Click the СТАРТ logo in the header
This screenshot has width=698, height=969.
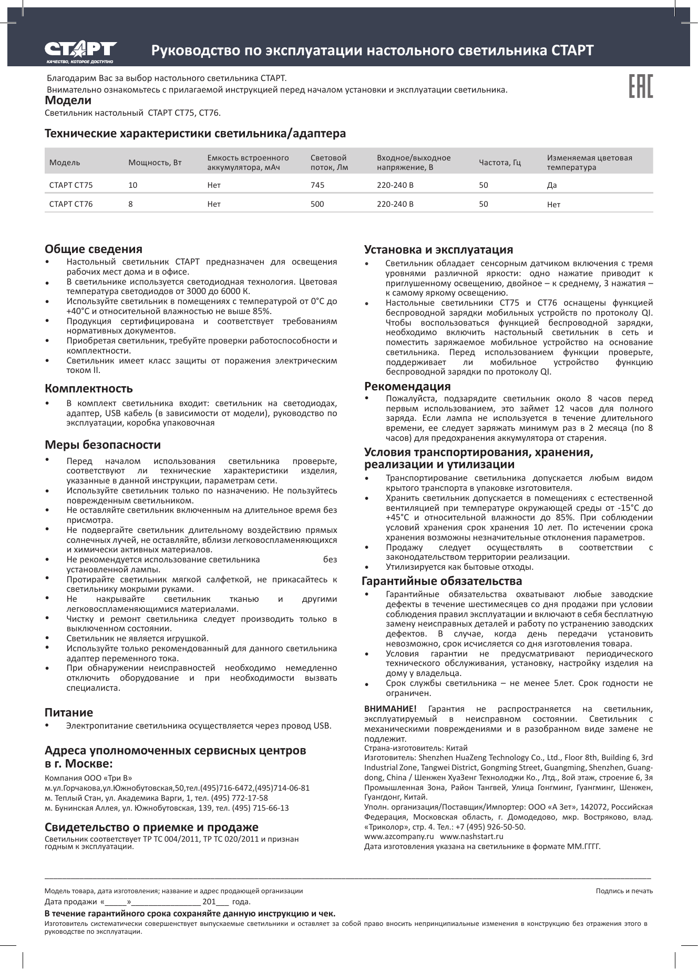coord(80,51)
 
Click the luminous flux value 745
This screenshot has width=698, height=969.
coord(317,185)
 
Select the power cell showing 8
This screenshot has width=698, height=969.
coord(131,204)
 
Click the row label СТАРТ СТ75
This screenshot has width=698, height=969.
coord(71,185)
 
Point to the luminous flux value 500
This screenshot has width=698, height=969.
coord(317,204)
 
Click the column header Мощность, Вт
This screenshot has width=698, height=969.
coord(155,163)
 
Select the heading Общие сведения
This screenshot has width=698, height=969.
coord(94,249)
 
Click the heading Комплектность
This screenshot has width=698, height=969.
coord(89,389)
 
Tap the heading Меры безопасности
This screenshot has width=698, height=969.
coord(103,445)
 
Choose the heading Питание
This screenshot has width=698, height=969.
coord(69,712)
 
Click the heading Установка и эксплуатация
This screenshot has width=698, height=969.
coord(439,249)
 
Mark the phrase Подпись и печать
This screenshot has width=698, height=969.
coord(624,891)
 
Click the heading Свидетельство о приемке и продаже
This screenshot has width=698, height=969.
coord(152,826)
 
